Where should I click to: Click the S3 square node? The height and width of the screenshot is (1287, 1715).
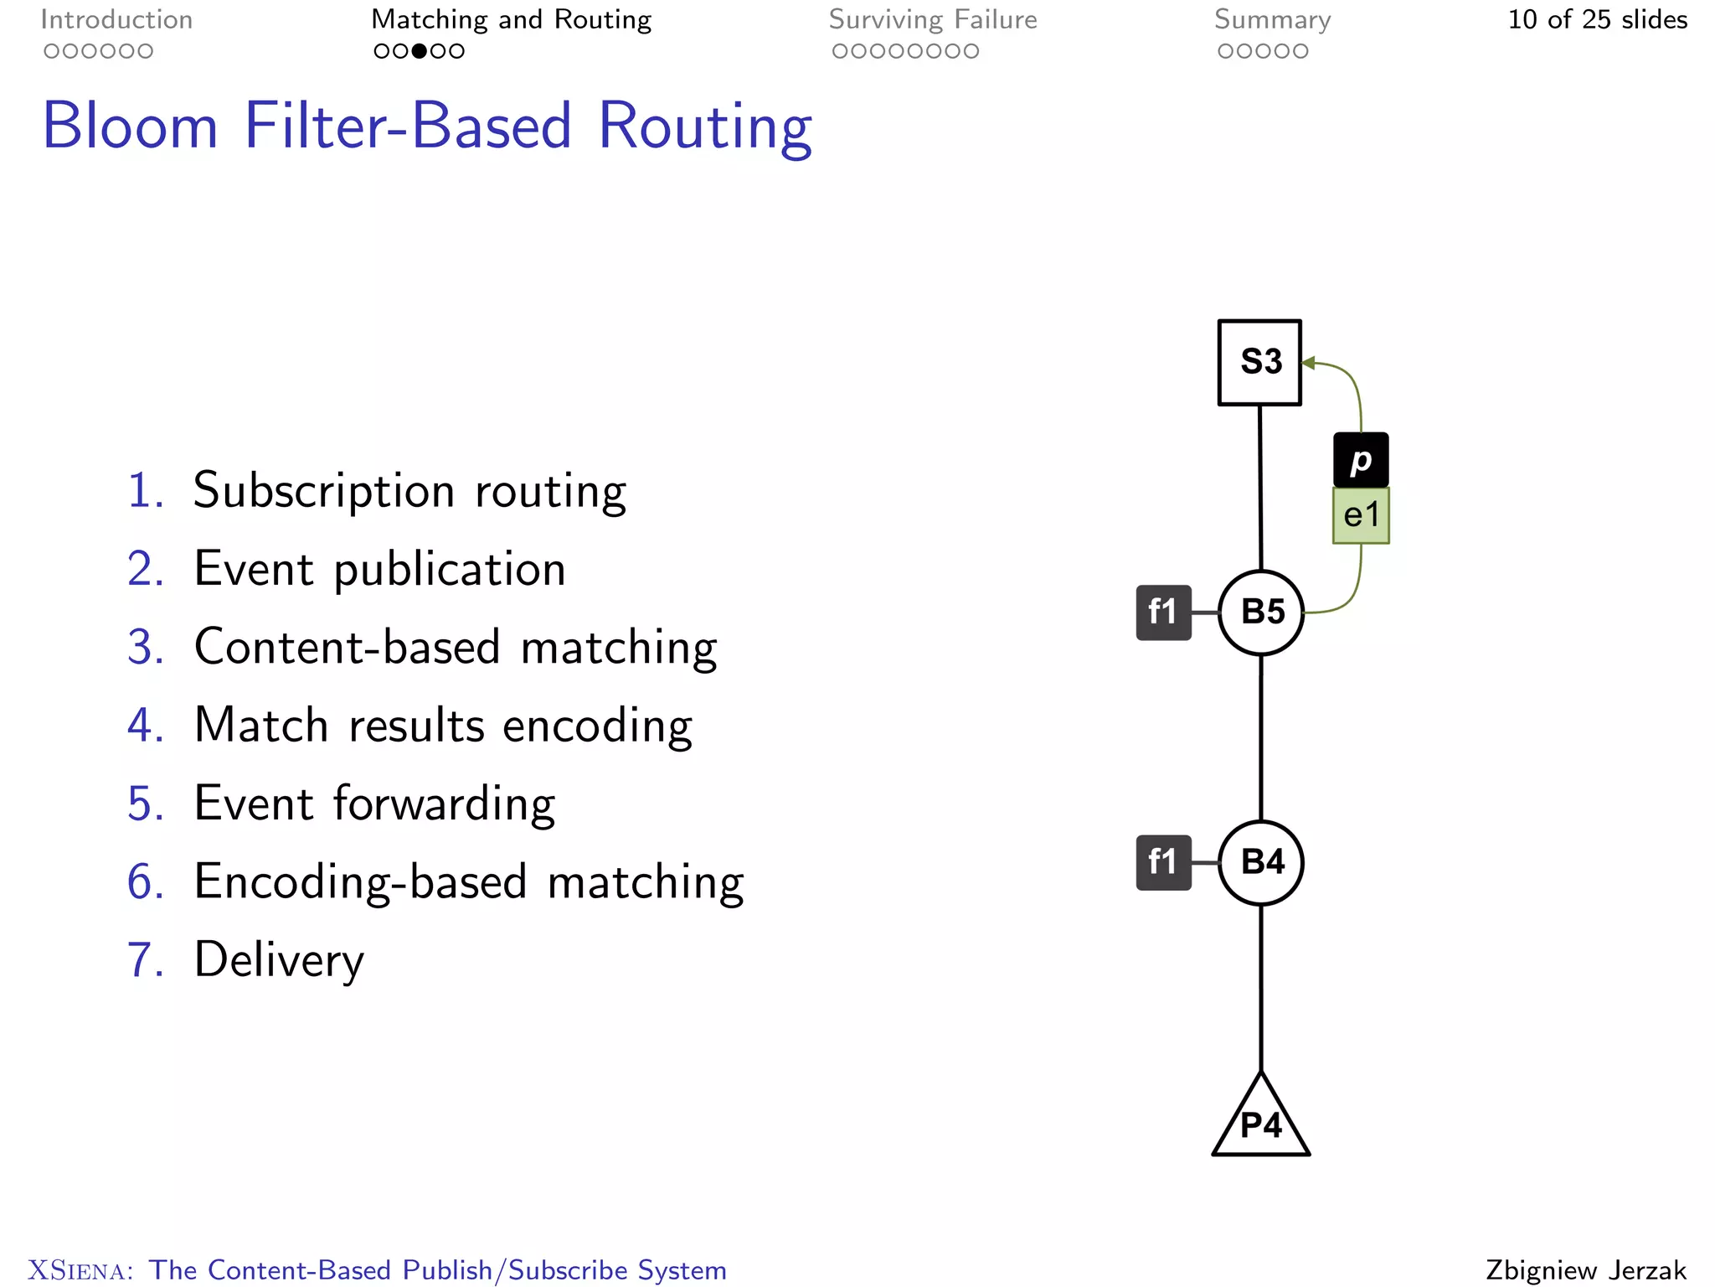click(x=1259, y=362)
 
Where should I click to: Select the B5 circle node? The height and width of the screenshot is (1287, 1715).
click(x=1261, y=612)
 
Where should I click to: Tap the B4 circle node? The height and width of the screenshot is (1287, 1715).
click(x=1261, y=862)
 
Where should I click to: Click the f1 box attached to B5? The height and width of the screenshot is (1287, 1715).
click(x=1163, y=612)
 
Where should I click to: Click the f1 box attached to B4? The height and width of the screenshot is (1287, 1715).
click(x=1163, y=862)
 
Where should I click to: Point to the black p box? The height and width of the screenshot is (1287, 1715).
click(x=1361, y=460)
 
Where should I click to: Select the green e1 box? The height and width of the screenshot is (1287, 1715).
click(x=1361, y=515)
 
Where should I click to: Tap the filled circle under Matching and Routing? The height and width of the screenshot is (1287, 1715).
click(x=419, y=51)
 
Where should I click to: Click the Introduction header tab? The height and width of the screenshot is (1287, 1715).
click(x=116, y=19)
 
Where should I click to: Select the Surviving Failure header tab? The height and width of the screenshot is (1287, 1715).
click(x=933, y=19)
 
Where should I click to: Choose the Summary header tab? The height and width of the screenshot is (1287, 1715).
click(x=1272, y=19)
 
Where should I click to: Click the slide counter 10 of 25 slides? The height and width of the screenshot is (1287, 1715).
click(x=1597, y=19)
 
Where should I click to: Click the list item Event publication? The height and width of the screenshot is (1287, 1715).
click(x=379, y=569)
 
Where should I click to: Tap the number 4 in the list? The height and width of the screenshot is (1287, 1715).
click(x=144, y=725)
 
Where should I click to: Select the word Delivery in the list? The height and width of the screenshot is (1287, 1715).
click(x=279, y=959)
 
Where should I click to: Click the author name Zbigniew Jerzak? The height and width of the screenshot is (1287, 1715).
click(x=1585, y=1269)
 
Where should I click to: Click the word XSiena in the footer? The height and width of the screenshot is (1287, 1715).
click(x=80, y=1270)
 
